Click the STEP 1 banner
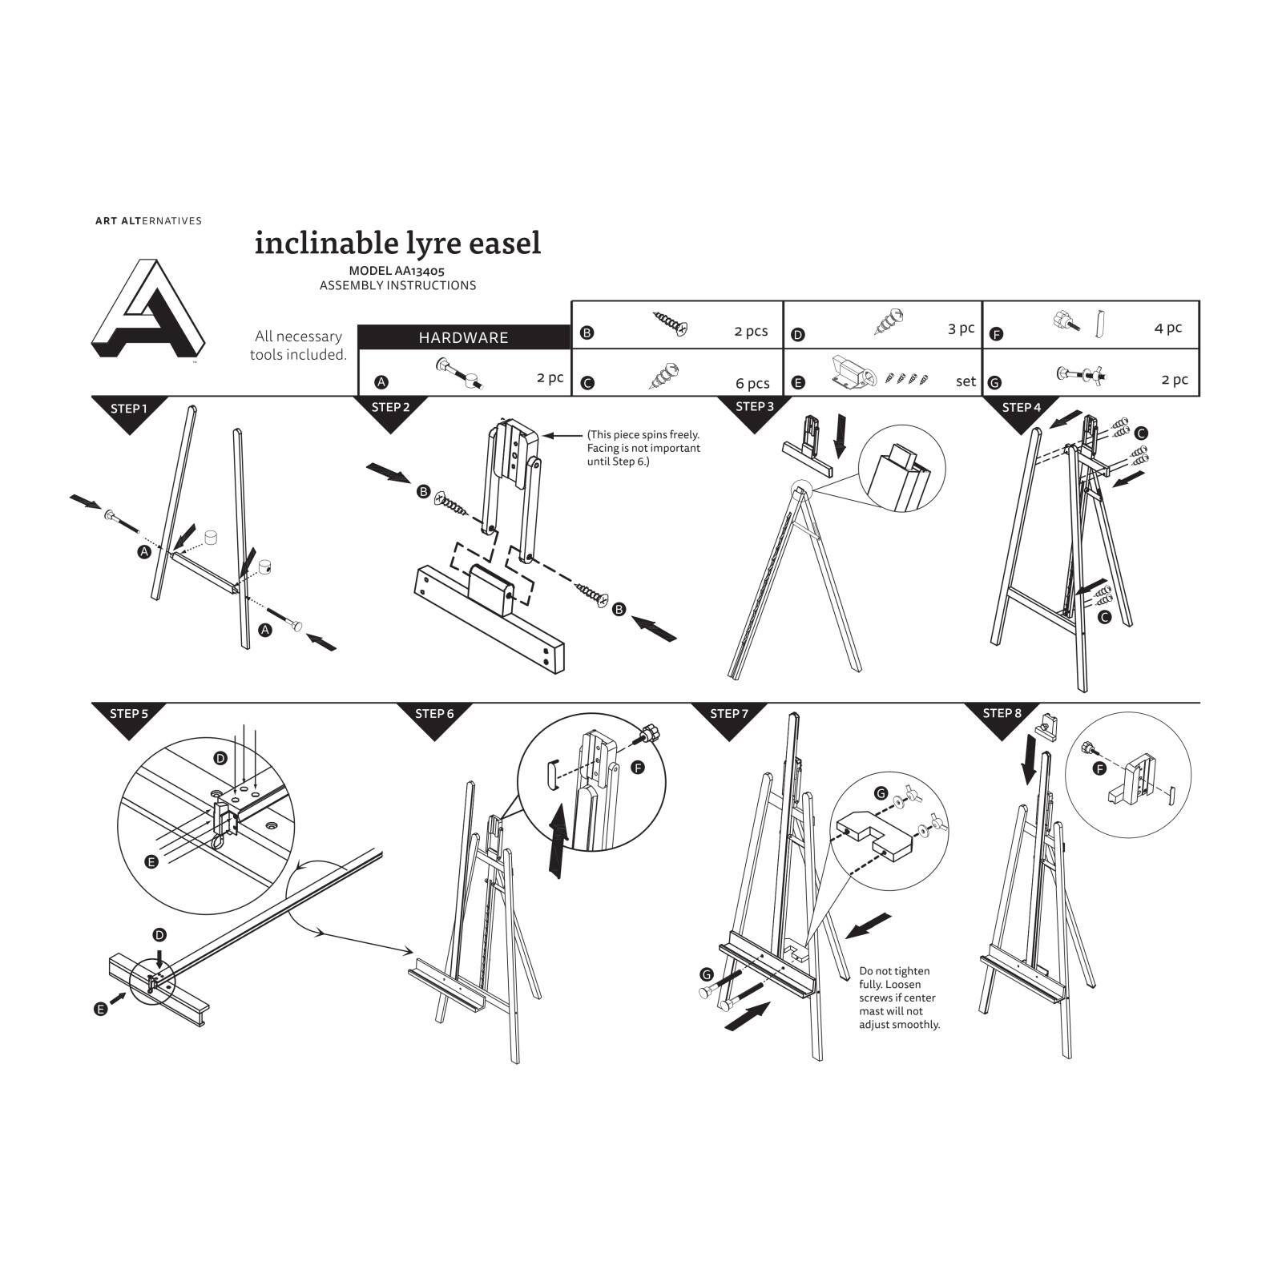pyautogui.click(x=129, y=409)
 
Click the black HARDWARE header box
pyautogui.click(x=463, y=337)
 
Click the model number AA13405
pyautogui.click(x=397, y=272)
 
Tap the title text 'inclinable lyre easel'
pyautogui.click(x=397, y=243)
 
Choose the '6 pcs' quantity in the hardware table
pyautogui.click(x=752, y=383)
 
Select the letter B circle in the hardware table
pyautogui.click(x=587, y=333)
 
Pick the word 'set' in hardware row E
pyautogui.click(x=966, y=381)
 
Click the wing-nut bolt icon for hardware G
pyautogui.click(x=1081, y=374)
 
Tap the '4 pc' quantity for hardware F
pyautogui.click(x=1167, y=328)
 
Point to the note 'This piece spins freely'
pyautogui.click(x=643, y=448)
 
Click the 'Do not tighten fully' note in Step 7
pyautogui.click(x=899, y=998)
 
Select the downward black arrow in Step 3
pyautogui.click(x=840, y=435)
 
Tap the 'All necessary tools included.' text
pyautogui.click(x=298, y=345)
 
